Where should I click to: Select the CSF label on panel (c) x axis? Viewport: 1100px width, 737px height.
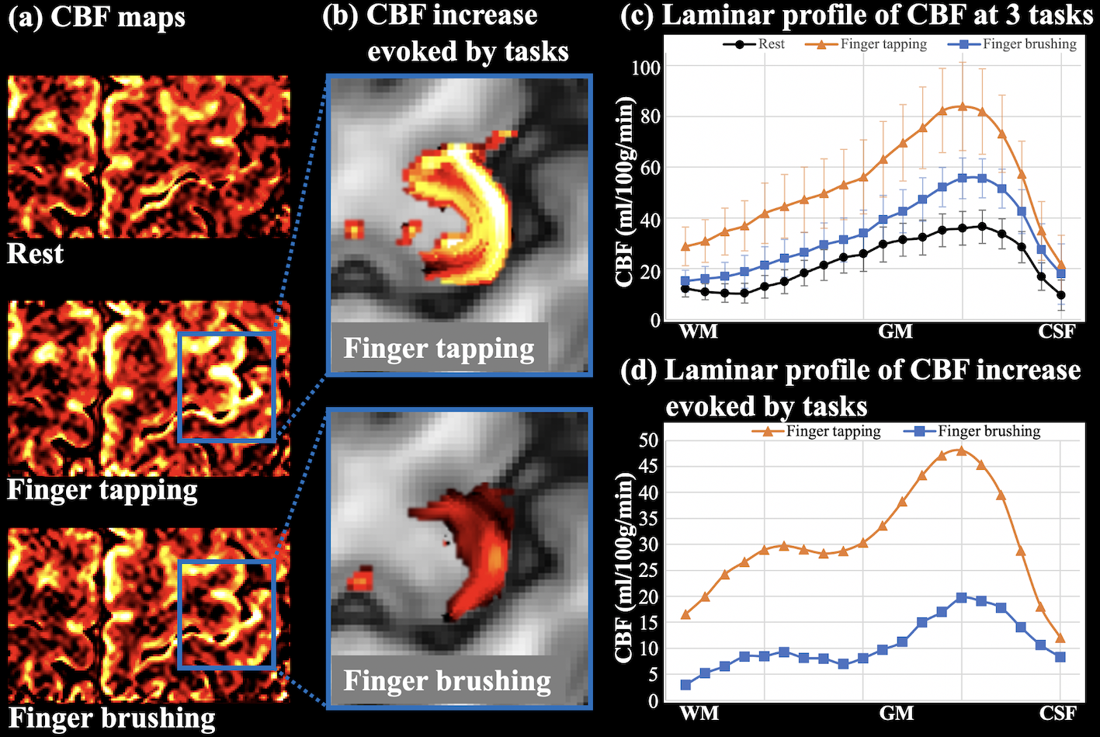point(1057,332)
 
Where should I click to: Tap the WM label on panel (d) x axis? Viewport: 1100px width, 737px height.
point(699,713)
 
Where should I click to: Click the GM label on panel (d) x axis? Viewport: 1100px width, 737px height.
point(896,713)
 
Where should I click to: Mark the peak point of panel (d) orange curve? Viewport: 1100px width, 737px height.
point(961,450)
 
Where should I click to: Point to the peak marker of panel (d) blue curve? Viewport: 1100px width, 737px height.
point(961,597)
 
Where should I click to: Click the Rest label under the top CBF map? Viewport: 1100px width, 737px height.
point(36,254)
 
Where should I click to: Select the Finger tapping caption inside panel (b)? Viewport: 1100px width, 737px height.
point(439,349)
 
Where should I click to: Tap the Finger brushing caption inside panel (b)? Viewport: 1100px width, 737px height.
point(447,681)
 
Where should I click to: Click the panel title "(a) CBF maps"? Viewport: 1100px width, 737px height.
point(97,17)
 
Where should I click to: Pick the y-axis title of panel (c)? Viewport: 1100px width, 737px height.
point(626,193)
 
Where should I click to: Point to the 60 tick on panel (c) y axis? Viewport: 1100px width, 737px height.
point(653,168)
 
